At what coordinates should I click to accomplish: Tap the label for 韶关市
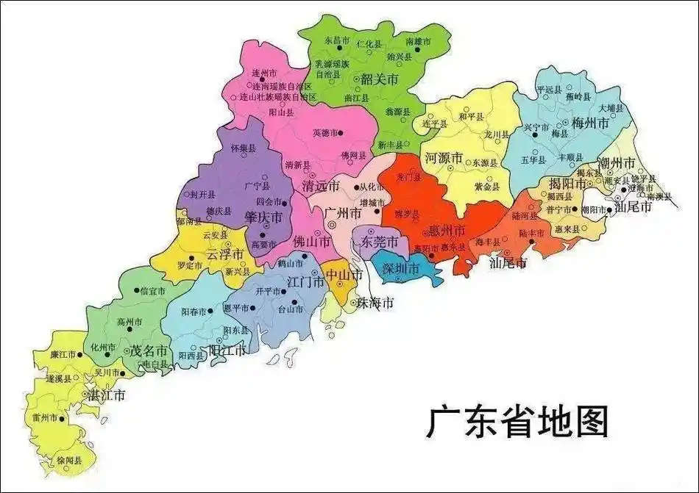tap(380, 79)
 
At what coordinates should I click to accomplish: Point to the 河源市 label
tap(444, 158)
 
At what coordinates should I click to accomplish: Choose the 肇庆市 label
tap(263, 217)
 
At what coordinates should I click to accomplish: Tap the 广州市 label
tap(343, 213)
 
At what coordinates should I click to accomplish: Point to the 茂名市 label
tap(149, 350)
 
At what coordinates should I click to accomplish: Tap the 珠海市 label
tap(375, 302)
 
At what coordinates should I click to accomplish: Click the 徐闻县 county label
tap(69, 460)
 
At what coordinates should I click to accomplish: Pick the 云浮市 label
tap(224, 253)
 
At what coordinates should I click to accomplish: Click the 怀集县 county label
tap(243, 148)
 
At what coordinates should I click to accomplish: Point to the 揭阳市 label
tap(567, 182)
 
